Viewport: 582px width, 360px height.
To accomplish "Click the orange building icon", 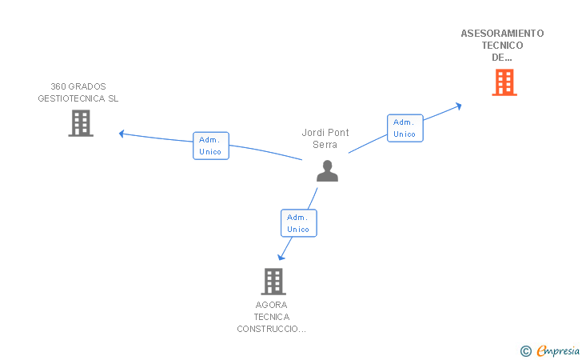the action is coord(504,82).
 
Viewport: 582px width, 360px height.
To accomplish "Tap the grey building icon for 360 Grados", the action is coord(81,123).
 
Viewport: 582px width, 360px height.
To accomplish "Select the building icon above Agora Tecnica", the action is coord(273,282).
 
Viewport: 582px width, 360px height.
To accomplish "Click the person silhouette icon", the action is coord(327,171).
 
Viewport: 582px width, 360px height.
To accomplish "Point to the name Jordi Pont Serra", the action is coord(325,138).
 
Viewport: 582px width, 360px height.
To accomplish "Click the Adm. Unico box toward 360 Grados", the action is coord(211,146).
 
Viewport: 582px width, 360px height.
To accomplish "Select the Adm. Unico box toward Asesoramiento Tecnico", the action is coord(405,128).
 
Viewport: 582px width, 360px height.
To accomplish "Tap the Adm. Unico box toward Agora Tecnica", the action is coord(299,223).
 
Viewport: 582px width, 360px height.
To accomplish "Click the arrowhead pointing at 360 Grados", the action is coord(122,134).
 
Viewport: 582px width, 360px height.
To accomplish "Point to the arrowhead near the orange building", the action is coord(459,106).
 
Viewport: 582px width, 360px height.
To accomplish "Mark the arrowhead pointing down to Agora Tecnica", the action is coord(281,257).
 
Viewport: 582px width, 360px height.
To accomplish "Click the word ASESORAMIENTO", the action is coord(502,34).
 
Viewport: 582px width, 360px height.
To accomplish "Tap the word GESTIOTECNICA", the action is coord(71,98).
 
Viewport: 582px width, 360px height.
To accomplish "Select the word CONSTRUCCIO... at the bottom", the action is coord(271,329).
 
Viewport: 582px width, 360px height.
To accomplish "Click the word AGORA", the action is coord(271,305).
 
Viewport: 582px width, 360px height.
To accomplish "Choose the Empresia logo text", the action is coord(558,350).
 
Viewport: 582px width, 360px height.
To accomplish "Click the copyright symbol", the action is coord(526,351).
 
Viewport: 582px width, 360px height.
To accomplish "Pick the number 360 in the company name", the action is coord(58,86).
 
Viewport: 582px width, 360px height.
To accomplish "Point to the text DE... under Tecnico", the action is coord(502,58).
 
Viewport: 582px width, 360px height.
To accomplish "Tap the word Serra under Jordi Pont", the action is coord(325,145).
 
